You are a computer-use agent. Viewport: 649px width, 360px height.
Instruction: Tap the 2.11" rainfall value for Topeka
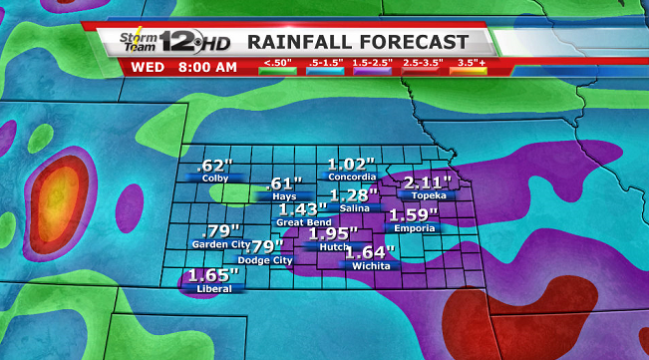pyautogui.click(x=428, y=181)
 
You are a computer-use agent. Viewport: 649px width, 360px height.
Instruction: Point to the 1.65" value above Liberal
pyautogui.click(x=212, y=274)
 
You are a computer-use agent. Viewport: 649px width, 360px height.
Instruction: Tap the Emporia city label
pyautogui.click(x=414, y=228)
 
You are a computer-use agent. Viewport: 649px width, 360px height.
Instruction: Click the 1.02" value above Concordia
pyautogui.click(x=352, y=164)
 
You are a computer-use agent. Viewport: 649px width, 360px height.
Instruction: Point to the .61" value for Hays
pyautogui.click(x=285, y=183)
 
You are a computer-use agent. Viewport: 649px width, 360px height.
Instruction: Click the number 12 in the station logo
pyautogui.click(x=179, y=43)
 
